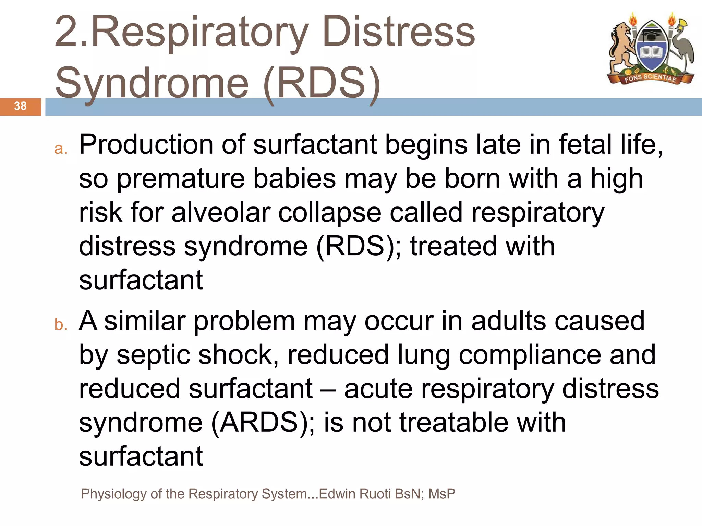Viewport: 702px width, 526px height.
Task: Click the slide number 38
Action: pos(20,106)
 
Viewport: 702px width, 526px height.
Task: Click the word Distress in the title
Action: pos(399,32)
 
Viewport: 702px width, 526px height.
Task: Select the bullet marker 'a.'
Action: pos(61,149)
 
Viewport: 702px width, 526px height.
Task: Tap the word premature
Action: pos(181,179)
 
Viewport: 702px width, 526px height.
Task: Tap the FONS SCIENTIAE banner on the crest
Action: pos(650,78)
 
